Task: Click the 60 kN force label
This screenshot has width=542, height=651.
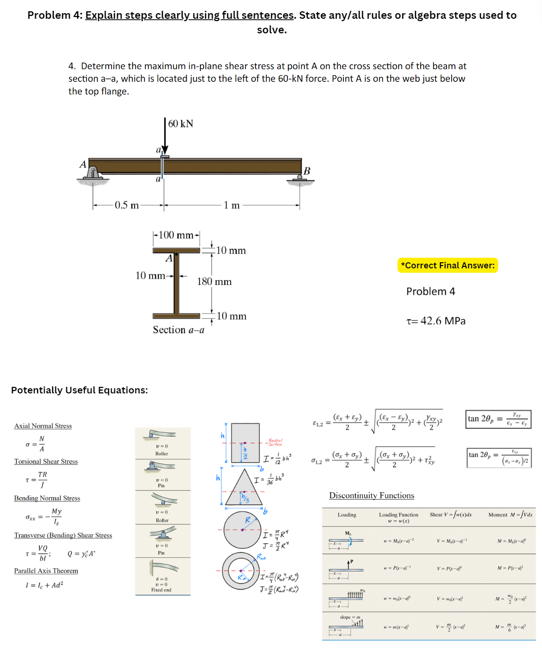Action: [x=181, y=124]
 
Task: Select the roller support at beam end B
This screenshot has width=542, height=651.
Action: [x=300, y=178]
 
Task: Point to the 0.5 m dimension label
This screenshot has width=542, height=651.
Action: [x=127, y=205]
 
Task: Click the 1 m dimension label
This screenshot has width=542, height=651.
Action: [x=231, y=205]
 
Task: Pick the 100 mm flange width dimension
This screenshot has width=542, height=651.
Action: [x=176, y=235]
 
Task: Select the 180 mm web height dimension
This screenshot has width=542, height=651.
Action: [x=214, y=282]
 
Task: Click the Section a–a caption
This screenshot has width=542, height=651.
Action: [x=178, y=330]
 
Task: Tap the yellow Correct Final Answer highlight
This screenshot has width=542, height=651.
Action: [x=447, y=266]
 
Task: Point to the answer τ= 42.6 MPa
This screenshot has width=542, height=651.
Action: [x=436, y=321]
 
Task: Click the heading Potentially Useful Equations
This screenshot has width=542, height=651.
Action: [x=80, y=390]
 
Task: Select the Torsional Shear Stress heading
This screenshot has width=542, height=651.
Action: [x=46, y=462]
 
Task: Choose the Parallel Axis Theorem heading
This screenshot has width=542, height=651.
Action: [x=46, y=571]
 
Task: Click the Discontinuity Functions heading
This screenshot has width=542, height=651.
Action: [x=372, y=495]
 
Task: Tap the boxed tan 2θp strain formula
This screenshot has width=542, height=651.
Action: [x=499, y=419]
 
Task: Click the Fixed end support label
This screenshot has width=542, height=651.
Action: [x=161, y=590]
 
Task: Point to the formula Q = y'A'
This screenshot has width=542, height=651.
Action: [x=81, y=554]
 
